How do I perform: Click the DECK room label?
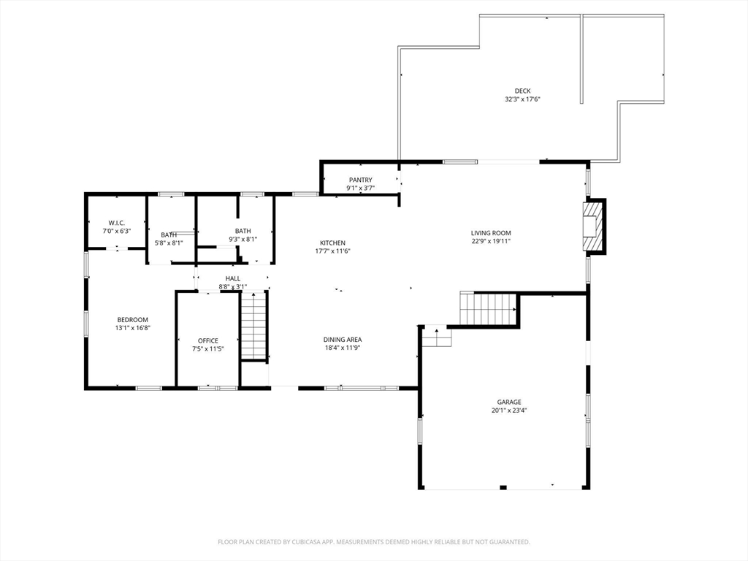(522, 91)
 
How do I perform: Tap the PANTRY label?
(360, 180)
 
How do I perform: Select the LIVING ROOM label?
(490, 233)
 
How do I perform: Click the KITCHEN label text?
(332, 243)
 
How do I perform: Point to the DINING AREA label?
(343, 340)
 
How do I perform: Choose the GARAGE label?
(509, 402)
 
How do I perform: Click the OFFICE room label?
(208, 341)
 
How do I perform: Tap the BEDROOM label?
(133, 320)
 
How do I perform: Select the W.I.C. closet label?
(117, 223)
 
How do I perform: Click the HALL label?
(233, 278)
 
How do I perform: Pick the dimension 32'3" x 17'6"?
(522, 99)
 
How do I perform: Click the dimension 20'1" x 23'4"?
(509, 411)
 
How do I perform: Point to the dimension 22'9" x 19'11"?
(490, 241)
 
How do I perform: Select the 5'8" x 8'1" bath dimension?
(169, 243)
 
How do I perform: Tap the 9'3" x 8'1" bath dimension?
(243, 239)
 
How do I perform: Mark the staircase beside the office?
(253, 326)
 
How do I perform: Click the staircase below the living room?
(488, 309)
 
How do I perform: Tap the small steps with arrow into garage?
(437, 337)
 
